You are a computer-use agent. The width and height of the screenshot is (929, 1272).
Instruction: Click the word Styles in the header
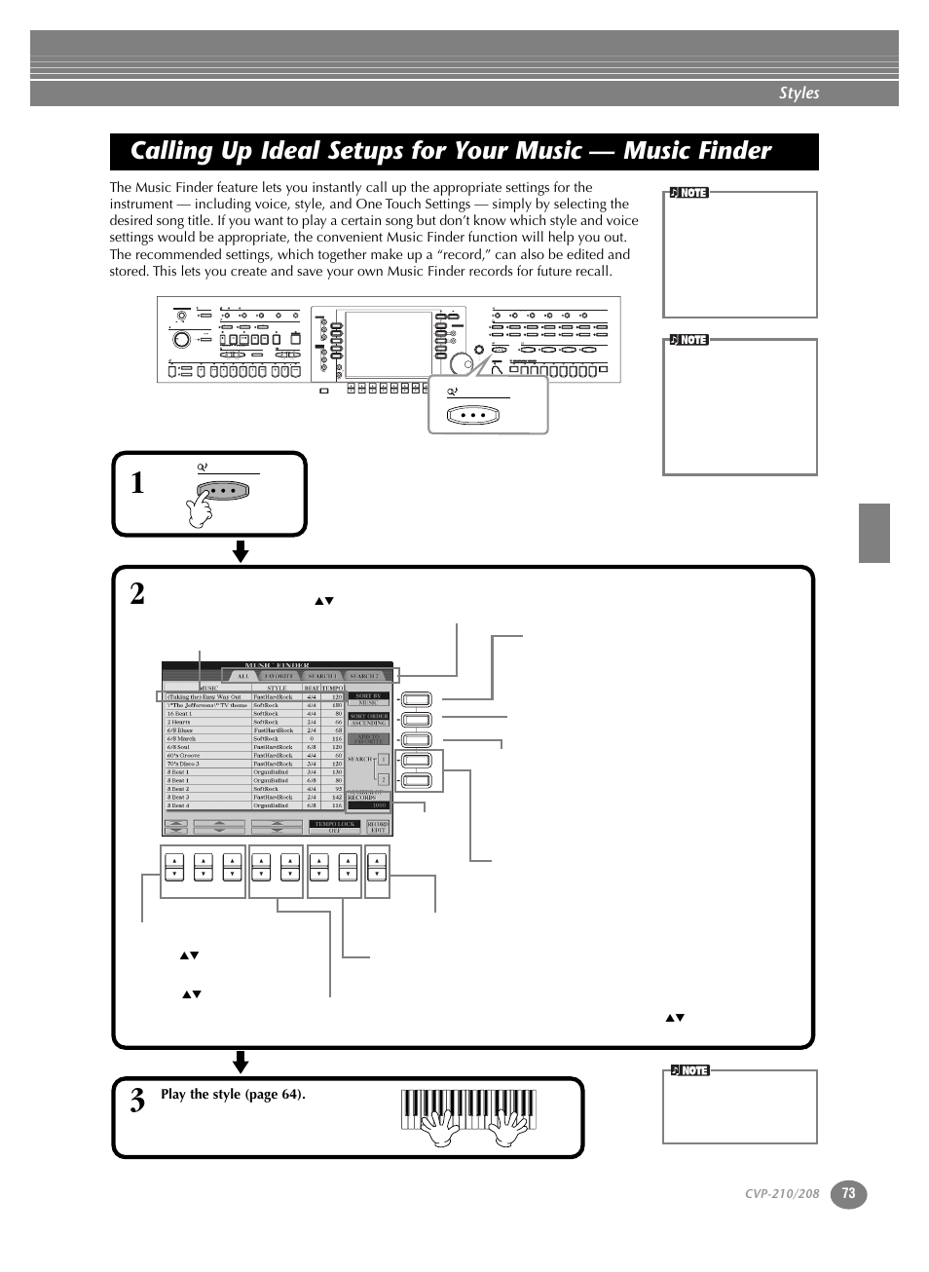point(799,93)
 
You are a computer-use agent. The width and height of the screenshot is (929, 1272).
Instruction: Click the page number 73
point(848,1194)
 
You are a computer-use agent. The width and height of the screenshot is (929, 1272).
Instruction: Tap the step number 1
point(137,483)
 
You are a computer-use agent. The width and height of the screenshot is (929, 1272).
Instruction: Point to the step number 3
point(137,1101)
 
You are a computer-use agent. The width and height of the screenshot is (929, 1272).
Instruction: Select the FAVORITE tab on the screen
point(279,675)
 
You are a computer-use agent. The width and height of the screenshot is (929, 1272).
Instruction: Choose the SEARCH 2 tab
point(365,675)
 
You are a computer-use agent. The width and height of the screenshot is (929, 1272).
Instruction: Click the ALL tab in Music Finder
point(242,675)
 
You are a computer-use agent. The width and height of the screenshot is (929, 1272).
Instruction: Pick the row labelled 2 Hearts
point(179,722)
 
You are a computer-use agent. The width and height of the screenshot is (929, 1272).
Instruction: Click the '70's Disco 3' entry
point(183,764)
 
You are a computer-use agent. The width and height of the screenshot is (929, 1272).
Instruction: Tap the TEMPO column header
point(333,688)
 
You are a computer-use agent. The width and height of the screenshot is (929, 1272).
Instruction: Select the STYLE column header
point(277,688)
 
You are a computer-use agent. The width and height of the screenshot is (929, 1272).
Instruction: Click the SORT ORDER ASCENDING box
point(369,720)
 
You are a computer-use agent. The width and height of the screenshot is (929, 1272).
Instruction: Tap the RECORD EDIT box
point(378,827)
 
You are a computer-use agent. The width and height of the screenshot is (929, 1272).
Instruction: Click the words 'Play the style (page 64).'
point(233,1094)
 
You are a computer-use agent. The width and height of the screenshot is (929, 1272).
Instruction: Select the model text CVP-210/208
point(782,1194)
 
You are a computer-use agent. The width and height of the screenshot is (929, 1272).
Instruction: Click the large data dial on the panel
point(458,363)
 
